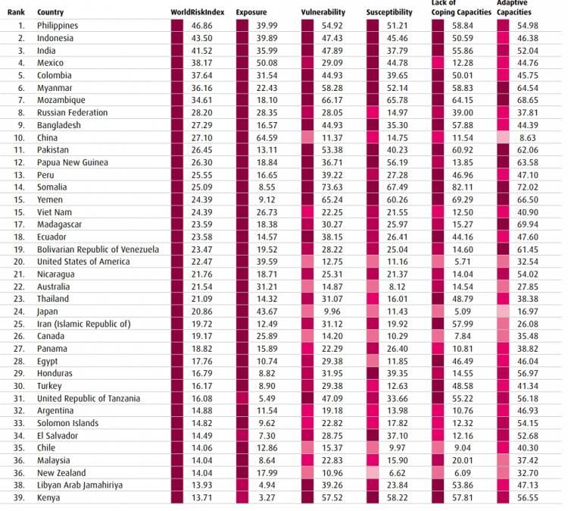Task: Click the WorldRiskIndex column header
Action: [197, 13]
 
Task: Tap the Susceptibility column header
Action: [389, 13]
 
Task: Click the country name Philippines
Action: [58, 26]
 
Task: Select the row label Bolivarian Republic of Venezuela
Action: [98, 249]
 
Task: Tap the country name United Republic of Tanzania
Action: [88, 398]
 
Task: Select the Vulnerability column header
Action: [323, 13]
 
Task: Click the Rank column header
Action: [16, 13]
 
